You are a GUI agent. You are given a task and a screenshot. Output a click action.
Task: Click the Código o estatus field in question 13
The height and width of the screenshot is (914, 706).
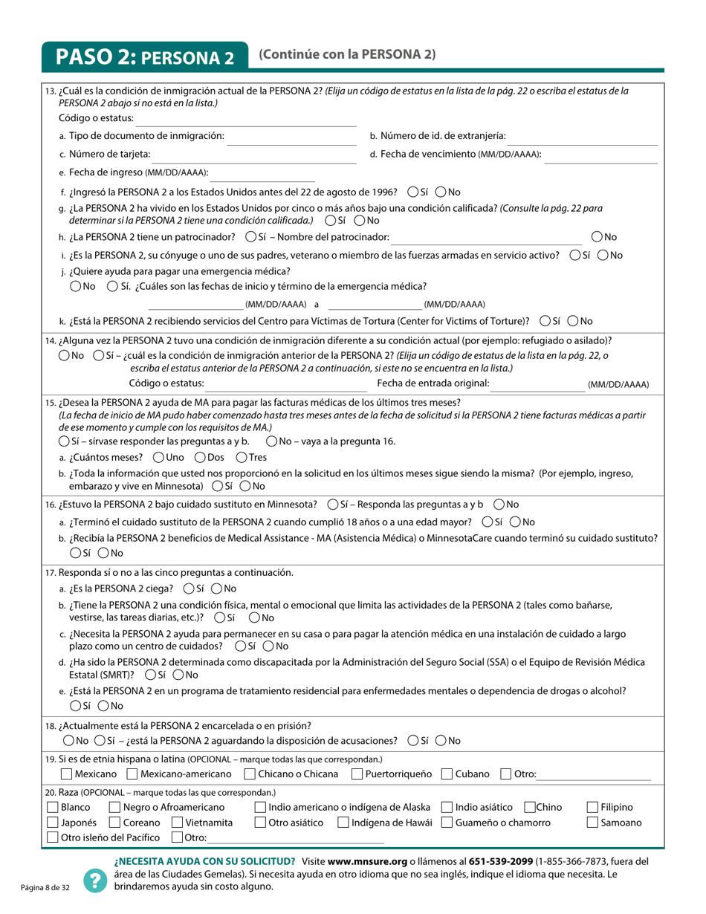(x=245, y=119)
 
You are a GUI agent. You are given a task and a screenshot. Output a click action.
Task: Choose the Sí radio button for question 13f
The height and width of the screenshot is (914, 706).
(x=413, y=192)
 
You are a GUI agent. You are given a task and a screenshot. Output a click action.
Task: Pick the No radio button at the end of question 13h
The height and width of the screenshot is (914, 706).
(x=597, y=237)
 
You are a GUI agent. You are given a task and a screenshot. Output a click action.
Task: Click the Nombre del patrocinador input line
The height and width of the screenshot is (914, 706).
(x=487, y=237)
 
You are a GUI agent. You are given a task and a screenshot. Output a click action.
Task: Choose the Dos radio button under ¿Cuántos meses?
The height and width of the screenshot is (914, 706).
(x=200, y=457)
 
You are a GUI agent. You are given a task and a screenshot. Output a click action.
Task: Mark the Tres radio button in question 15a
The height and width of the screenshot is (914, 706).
(x=242, y=457)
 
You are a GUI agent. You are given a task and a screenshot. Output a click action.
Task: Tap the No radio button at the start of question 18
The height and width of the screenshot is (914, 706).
(x=69, y=741)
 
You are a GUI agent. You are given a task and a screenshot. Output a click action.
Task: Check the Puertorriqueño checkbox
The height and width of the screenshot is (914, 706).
(x=357, y=774)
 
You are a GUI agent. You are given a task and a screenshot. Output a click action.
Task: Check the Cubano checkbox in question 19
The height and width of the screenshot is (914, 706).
(x=447, y=774)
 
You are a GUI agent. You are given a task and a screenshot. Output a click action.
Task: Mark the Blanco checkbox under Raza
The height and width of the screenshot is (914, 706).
(x=52, y=808)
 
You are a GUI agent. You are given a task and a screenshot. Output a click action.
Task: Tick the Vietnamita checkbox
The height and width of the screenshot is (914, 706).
(x=177, y=823)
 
